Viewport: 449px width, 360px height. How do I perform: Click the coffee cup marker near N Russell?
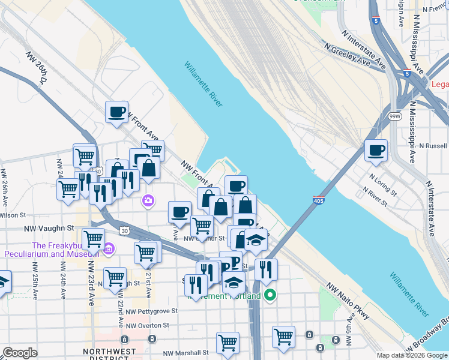(x=376, y=151)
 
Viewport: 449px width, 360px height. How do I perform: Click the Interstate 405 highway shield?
(x=320, y=199)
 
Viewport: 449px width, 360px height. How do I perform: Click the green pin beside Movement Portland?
(x=270, y=295)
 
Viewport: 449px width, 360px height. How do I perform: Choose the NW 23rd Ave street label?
(x=92, y=283)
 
